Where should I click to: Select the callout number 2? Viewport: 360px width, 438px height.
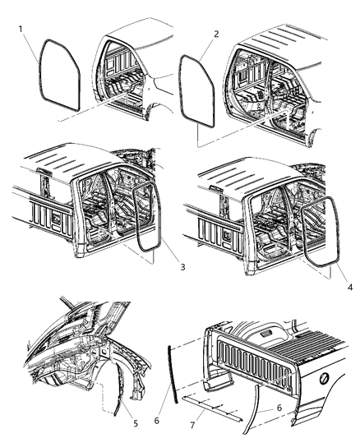216,35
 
